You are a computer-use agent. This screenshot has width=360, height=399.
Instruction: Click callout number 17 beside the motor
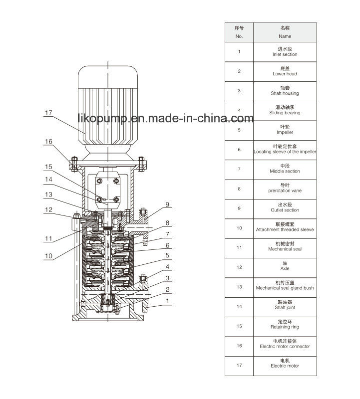(x=48, y=113)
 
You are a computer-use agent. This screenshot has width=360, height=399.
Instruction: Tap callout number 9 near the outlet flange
(x=167, y=204)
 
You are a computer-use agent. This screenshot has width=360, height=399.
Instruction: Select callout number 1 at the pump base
(x=167, y=301)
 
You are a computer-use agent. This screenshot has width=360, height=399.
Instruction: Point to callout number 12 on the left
(x=48, y=209)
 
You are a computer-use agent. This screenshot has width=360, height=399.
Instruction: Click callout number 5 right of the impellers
(x=167, y=255)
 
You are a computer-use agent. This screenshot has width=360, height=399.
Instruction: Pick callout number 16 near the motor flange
(x=48, y=142)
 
